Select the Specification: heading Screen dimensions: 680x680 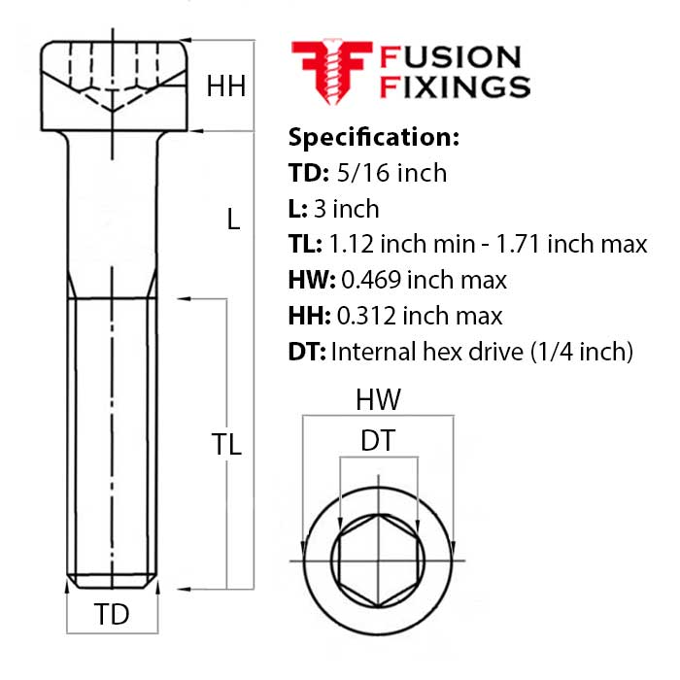[x=374, y=136]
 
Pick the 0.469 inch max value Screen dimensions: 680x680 [x=424, y=281]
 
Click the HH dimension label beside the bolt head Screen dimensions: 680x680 [x=225, y=86]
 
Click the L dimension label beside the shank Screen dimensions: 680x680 [x=232, y=220]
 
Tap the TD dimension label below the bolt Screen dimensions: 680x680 [x=112, y=614]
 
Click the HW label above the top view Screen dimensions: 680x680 [x=378, y=399]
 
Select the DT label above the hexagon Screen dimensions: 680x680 [x=378, y=441]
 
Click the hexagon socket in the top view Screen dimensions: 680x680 [x=378, y=561]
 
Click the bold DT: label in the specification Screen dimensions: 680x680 [x=308, y=352]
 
